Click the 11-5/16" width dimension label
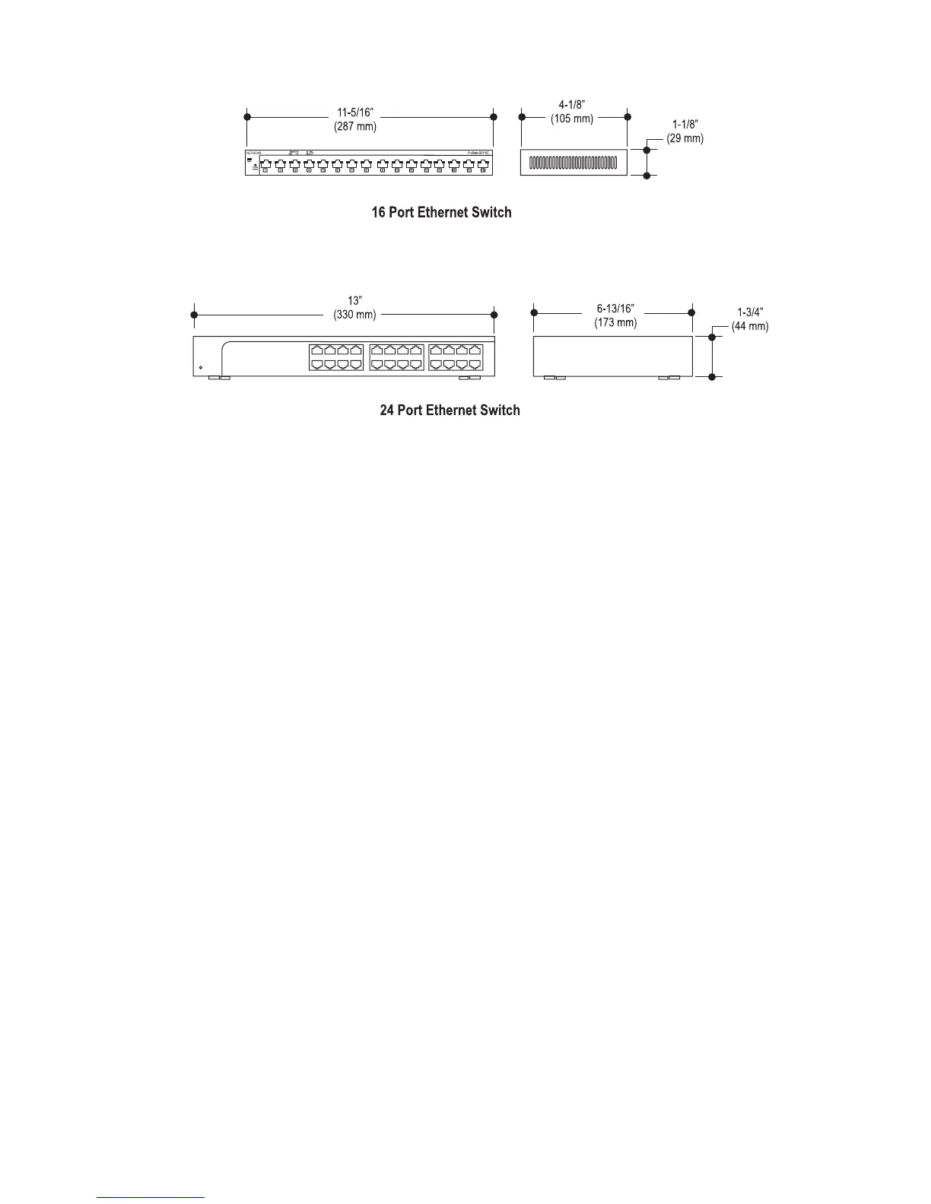355,112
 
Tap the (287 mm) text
355,126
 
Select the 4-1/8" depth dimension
572,106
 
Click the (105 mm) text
572,119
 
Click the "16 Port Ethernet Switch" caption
441,212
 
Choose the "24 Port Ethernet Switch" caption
450,410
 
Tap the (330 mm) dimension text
354,315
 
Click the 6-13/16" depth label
615,309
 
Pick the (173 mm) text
615,322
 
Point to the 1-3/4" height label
751,312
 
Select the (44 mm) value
750,326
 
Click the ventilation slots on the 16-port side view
573,163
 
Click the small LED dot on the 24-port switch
201,368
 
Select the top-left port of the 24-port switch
316,350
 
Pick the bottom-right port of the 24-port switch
475,364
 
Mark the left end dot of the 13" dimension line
194,314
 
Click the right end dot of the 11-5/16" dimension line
494,116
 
